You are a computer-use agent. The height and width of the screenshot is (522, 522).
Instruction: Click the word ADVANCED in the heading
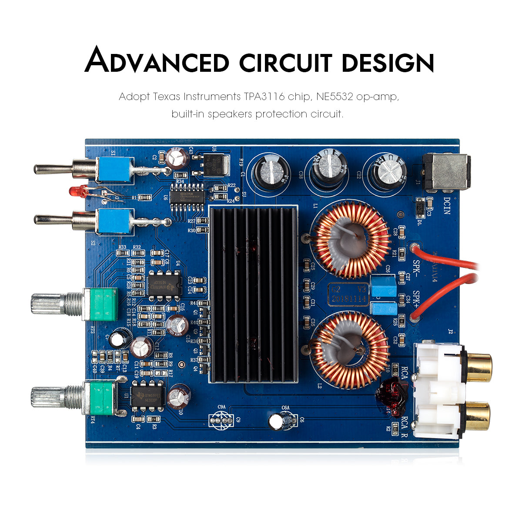click(157, 61)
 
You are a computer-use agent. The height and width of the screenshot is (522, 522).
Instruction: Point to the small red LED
click(78, 191)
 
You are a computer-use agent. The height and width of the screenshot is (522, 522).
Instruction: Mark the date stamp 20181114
click(350, 299)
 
